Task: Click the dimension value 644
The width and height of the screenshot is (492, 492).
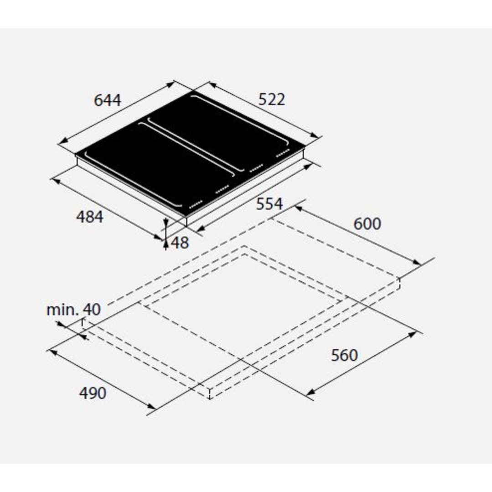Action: [x=107, y=100]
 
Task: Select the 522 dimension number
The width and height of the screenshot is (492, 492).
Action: [x=272, y=99]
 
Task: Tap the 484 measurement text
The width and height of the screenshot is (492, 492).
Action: [x=90, y=217]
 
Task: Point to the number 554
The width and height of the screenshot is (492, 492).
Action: [x=269, y=204]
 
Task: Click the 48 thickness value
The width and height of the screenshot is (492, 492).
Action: [x=180, y=243]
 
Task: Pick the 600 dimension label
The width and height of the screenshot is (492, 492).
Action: [x=367, y=224]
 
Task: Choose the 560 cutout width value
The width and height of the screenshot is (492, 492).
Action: [x=345, y=356]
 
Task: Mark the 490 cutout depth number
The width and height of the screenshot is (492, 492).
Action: [x=93, y=393]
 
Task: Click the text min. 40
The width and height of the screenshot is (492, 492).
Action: [x=73, y=310]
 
